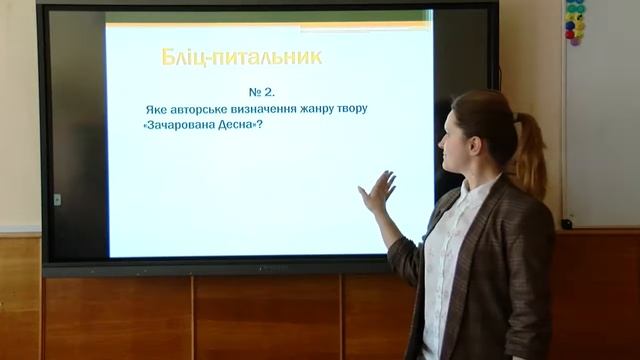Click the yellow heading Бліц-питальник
pyautogui.click(x=241, y=57)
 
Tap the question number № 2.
pyautogui.click(x=261, y=91)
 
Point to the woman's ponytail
pyautogui.click(x=530, y=155)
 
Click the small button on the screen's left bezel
pyautogui.click(x=57, y=199)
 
